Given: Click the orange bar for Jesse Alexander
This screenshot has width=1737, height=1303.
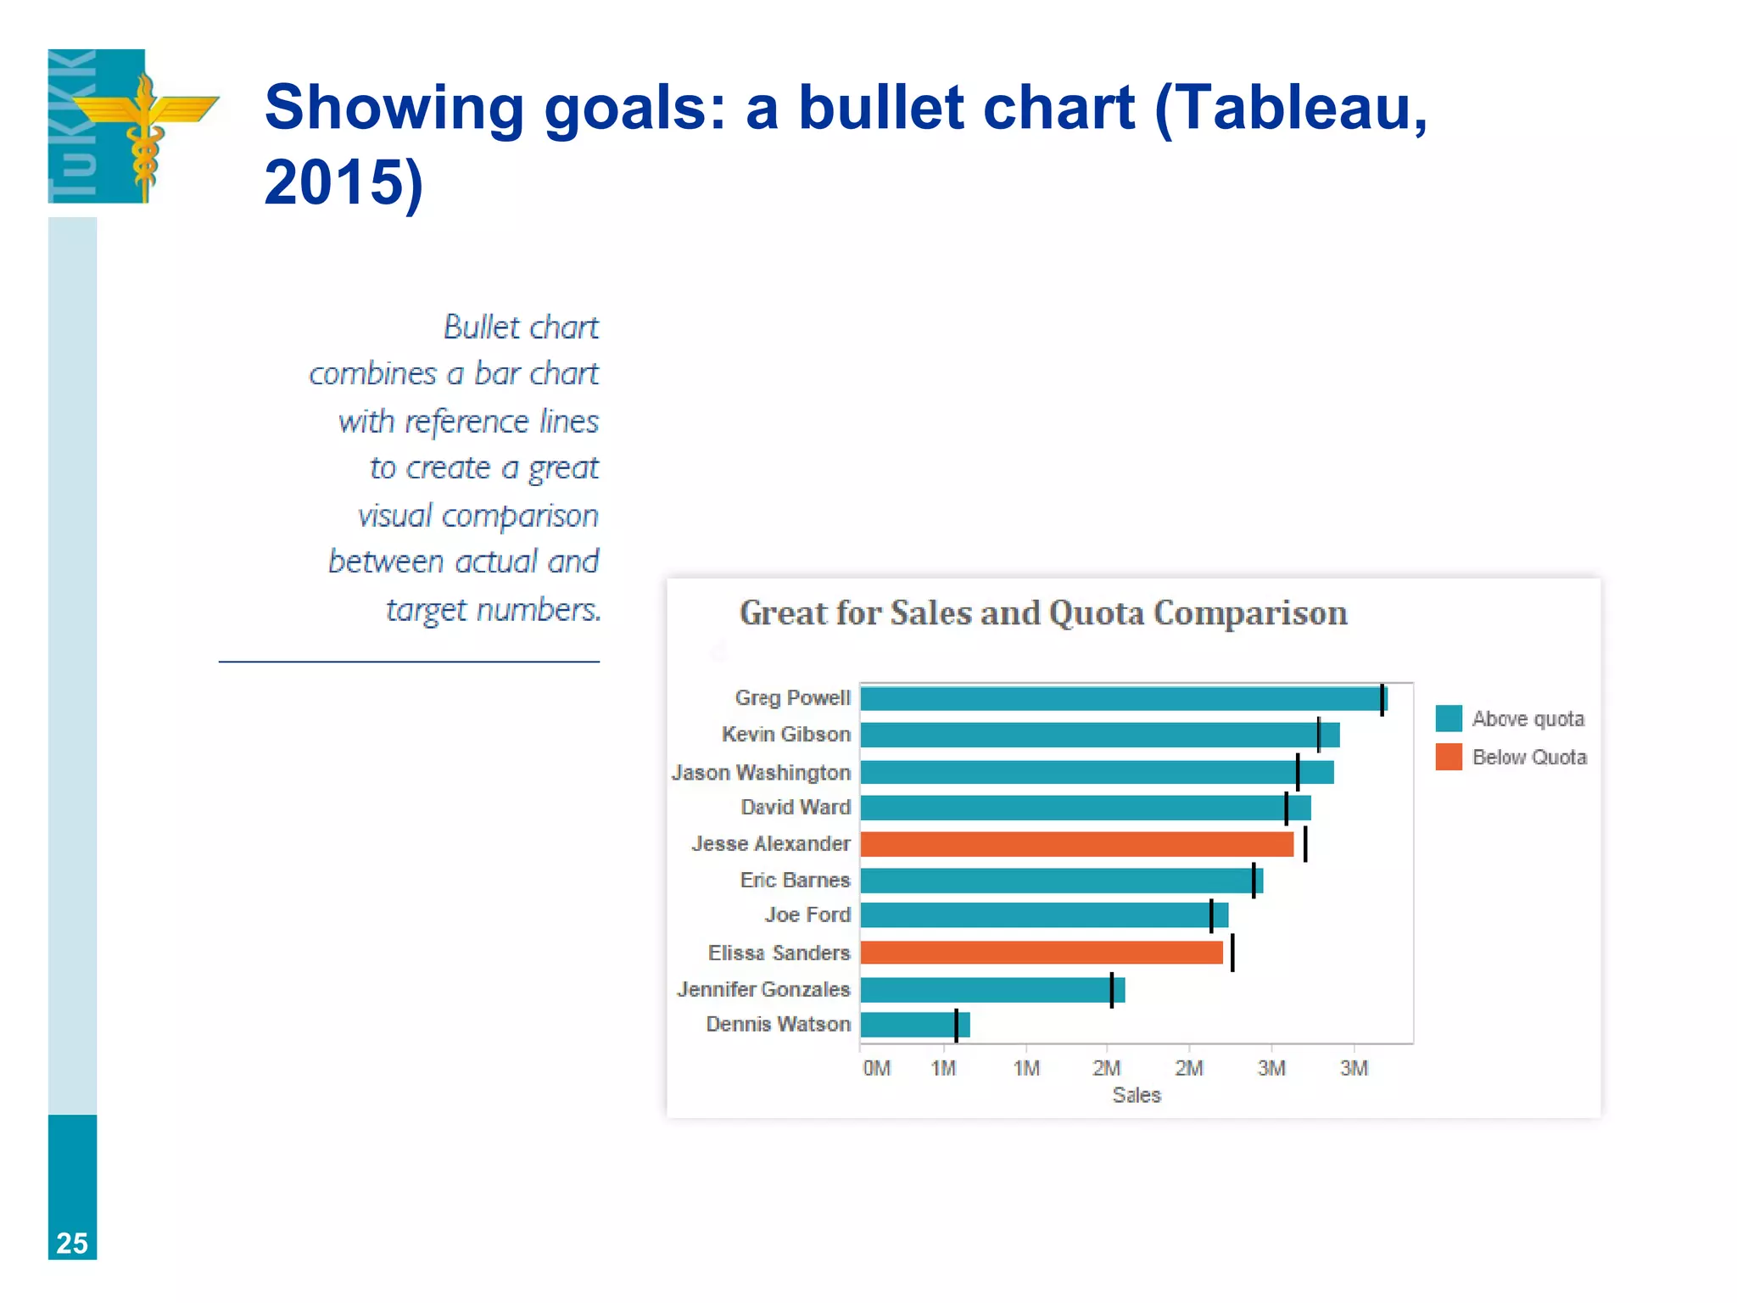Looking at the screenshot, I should pyautogui.click(x=1076, y=844).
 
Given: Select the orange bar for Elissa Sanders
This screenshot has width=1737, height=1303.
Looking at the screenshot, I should pyautogui.click(x=1042, y=953).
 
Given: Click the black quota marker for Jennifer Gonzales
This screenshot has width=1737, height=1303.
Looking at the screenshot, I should pyautogui.click(x=1111, y=990).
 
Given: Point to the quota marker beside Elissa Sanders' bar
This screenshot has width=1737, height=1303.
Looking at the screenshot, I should pyautogui.click(x=1232, y=953).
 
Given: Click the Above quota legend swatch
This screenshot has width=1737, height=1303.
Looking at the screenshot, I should pyautogui.click(x=1449, y=719).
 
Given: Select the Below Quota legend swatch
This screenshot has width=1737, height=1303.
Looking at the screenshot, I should pyautogui.click(x=1449, y=757).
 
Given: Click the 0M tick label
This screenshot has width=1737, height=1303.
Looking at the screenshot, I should pyautogui.click(x=876, y=1069).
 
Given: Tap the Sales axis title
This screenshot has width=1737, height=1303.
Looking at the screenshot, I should pyautogui.click(x=1136, y=1095).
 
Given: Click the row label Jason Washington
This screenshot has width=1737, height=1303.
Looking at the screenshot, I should pyautogui.click(x=761, y=772).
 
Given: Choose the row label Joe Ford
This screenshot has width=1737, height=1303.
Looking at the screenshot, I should pyautogui.click(x=807, y=914).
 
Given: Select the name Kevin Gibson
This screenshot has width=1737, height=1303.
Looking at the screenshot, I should pyautogui.click(x=785, y=734).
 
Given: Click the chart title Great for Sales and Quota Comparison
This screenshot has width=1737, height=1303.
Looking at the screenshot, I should pyautogui.click(x=1042, y=613).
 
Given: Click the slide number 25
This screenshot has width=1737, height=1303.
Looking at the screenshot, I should pyautogui.click(x=72, y=1243).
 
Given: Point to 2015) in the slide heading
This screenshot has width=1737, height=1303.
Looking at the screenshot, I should pyautogui.click(x=343, y=182).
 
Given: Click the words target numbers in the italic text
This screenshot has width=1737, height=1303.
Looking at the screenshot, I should pyautogui.click(x=493, y=609).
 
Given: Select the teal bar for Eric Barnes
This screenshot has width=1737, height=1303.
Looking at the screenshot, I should pyautogui.click(x=1060, y=881).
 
